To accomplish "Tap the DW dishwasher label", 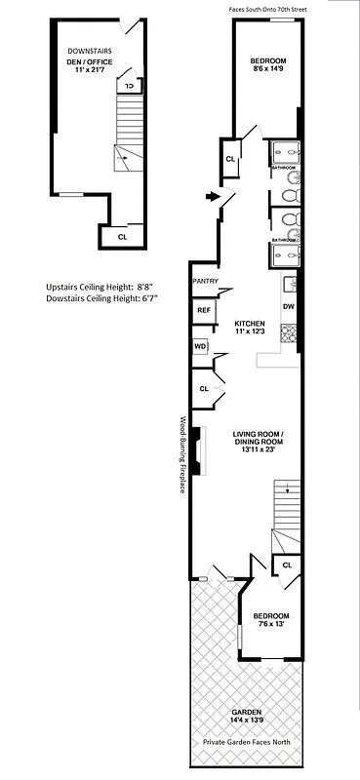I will [x=288, y=307].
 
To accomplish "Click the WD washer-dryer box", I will [x=200, y=346].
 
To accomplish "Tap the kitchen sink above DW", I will [x=288, y=286].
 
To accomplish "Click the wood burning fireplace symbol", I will [x=195, y=451].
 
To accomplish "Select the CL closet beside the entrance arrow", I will [x=230, y=159].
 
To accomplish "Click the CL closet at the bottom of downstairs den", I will [x=122, y=236].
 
